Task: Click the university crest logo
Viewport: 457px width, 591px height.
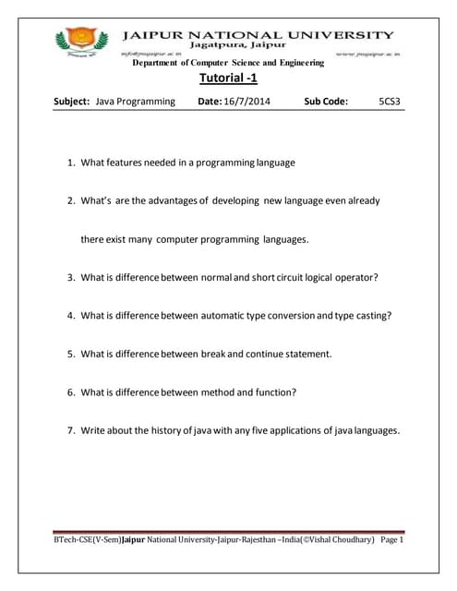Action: click(x=75, y=42)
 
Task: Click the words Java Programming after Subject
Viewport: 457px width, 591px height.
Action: click(x=135, y=101)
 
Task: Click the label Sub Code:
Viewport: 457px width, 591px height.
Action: click(x=326, y=101)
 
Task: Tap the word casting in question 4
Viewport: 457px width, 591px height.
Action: click(x=372, y=315)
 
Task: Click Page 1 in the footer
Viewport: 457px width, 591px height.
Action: click(x=391, y=539)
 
